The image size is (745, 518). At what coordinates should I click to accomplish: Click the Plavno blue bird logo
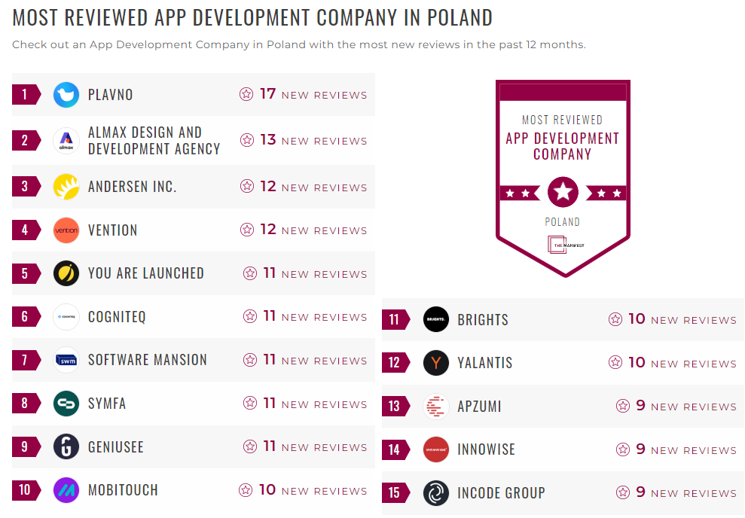(x=66, y=95)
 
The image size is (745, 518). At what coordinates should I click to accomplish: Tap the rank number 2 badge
(x=25, y=140)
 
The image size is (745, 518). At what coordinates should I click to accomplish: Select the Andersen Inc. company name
(x=133, y=187)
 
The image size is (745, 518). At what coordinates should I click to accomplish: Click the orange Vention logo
(x=66, y=230)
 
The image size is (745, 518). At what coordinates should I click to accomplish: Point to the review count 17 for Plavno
(x=268, y=94)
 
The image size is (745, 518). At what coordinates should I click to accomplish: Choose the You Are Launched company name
(x=146, y=273)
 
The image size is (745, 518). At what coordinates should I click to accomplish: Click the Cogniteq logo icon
(x=66, y=317)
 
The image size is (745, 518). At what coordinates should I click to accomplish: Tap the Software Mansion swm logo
(x=66, y=361)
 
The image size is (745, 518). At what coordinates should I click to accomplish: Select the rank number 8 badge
(x=25, y=404)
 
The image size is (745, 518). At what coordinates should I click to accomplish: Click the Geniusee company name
(x=116, y=447)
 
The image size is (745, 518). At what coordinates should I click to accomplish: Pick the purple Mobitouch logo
(x=66, y=490)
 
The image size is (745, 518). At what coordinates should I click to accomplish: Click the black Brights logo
(x=436, y=319)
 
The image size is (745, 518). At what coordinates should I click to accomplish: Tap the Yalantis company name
(x=485, y=363)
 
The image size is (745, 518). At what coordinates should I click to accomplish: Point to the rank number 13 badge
(x=394, y=407)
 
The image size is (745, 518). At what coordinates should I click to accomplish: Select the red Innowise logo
(x=436, y=449)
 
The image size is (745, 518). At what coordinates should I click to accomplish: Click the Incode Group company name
(x=501, y=493)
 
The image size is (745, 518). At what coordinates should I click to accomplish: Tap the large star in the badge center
(x=563, y=193)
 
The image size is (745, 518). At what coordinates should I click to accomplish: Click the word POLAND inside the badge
(x=563, y=222)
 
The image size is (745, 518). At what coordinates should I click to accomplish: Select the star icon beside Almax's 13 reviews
(x=247, y=140)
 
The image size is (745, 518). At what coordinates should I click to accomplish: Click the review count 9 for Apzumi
(x=640, y=406)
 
